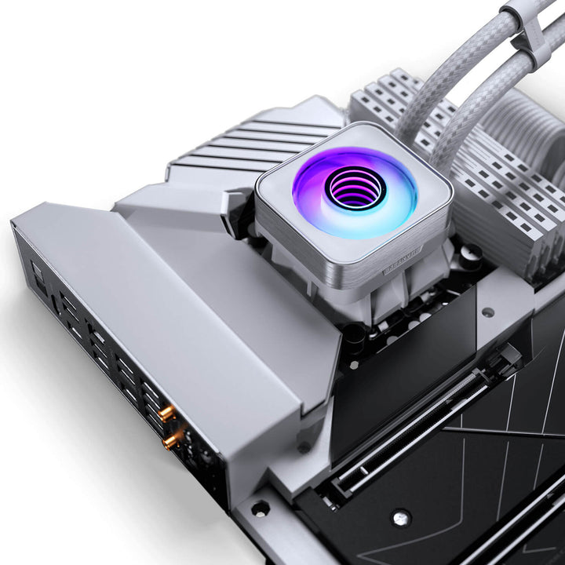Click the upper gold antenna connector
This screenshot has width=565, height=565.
point(166,411)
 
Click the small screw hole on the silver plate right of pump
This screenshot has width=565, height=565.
point(488,312)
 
